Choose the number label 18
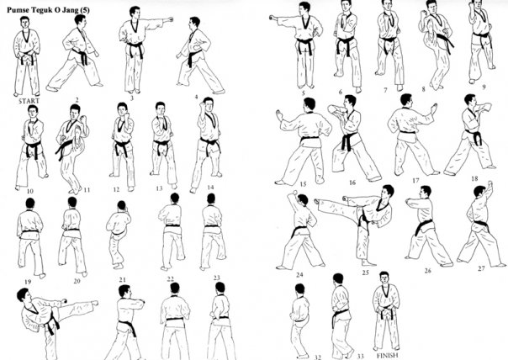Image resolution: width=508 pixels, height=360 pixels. point(474,179)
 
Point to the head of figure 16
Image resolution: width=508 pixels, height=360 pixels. point(348,101)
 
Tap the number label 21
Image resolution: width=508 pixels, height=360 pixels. point(122,279)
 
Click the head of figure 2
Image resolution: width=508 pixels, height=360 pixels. point(82,20)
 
